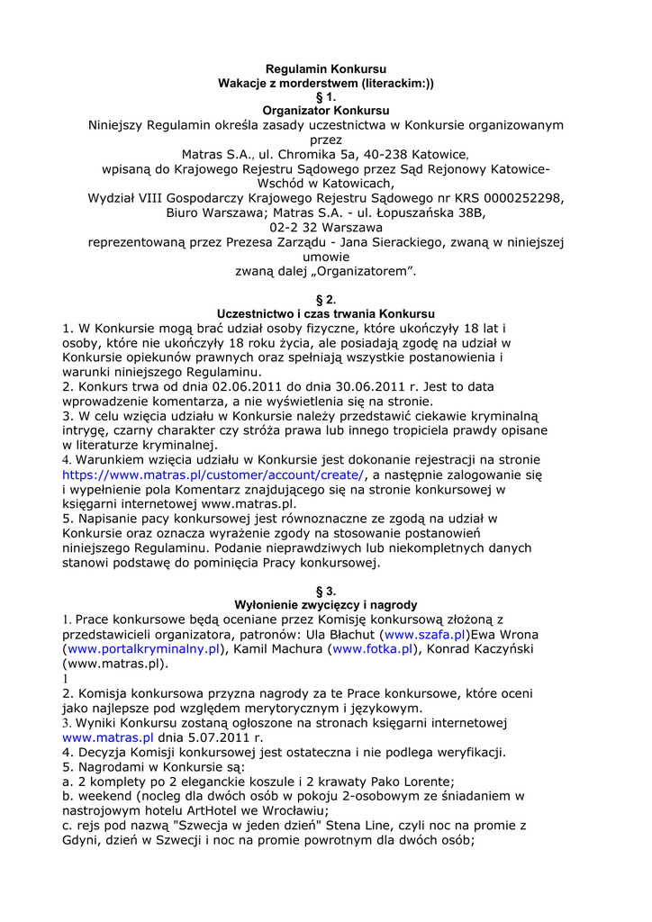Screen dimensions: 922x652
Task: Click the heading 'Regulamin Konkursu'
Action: [326, 69]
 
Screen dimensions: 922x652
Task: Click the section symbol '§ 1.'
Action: [326, 96]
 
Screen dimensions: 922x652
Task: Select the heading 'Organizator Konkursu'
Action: [326, 110]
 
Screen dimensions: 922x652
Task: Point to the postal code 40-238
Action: [385, 155]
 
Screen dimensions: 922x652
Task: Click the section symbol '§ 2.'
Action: [326, 299]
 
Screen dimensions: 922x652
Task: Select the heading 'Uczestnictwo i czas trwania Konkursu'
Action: [326, 313]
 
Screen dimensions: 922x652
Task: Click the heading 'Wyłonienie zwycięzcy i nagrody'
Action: [326, 605]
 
